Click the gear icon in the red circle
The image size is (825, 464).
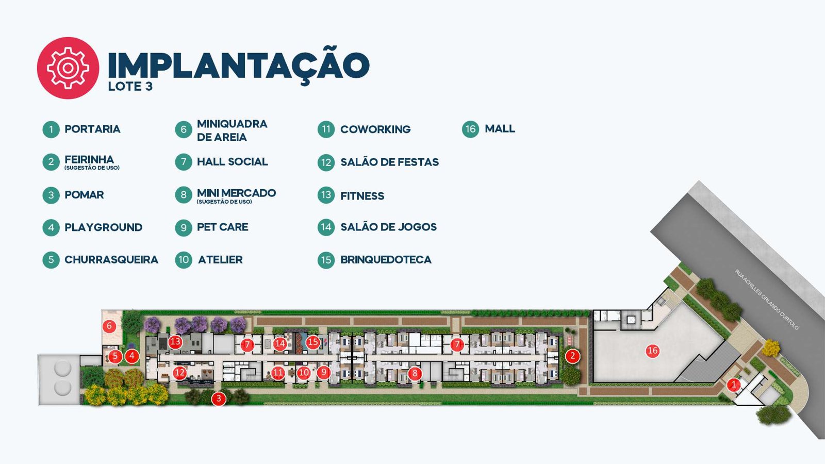click(68, 68)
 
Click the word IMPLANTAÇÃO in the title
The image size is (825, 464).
click(239, 65)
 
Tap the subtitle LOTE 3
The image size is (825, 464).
click(130, 87)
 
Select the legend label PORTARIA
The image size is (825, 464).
click(92, 129)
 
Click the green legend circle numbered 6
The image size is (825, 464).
click(184, 129)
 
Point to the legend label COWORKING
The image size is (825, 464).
click(375, 129)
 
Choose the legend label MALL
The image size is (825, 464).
click(500, 128)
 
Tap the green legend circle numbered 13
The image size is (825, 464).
click(326, 195)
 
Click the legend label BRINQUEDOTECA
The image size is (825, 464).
click(386, 260)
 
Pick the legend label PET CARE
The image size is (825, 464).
click(222, 227)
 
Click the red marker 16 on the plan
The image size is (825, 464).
click(653, 351)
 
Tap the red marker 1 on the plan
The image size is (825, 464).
click(733, 385)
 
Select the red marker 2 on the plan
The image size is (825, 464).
click(572, 356)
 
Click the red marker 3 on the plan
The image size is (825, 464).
click(219, 399)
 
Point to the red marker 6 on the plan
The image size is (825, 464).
click(109, 326)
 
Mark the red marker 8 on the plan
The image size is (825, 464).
click(415, 373)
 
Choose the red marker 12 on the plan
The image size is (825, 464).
click(179, 373)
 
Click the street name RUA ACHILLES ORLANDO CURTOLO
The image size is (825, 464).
click(766, 300)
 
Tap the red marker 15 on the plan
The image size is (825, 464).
click(312, 342)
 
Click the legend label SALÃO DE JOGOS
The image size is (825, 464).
click(389, 227)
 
